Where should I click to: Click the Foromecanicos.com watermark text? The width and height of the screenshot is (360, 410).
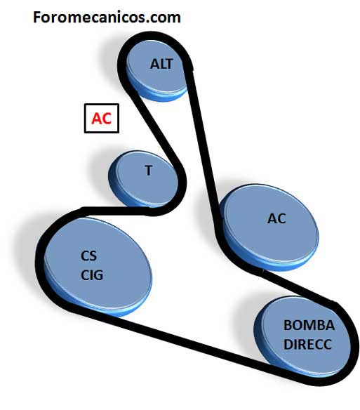pos(107,18)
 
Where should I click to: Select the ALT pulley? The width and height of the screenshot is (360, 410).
pos(157,70)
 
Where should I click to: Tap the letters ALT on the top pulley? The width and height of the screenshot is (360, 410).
pos(161,64)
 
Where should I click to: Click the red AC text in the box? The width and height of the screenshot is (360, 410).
pos(102,119)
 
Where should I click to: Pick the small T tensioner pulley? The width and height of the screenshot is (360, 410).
pos(143,179)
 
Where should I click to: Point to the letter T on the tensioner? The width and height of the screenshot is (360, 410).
pos(149,171)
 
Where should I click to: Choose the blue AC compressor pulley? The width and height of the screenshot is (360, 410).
pos(269,227)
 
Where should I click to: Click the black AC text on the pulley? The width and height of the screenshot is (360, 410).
pos(276,218)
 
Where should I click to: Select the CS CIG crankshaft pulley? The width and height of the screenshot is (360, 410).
pos(98,267)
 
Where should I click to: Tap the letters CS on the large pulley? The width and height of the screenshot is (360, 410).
pos(89,256)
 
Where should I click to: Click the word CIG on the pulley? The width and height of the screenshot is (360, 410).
pos(92,275)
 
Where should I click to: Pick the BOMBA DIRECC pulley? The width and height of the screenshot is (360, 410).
pos(302,337)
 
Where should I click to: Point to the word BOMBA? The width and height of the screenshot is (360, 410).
pos(309,325)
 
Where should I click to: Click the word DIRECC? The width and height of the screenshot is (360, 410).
pos(307,345)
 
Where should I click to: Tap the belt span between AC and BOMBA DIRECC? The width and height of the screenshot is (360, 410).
pos(298,288)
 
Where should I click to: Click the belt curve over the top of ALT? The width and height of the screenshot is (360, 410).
pos(154,37)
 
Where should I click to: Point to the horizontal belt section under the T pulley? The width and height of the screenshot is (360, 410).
pos(118,211)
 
